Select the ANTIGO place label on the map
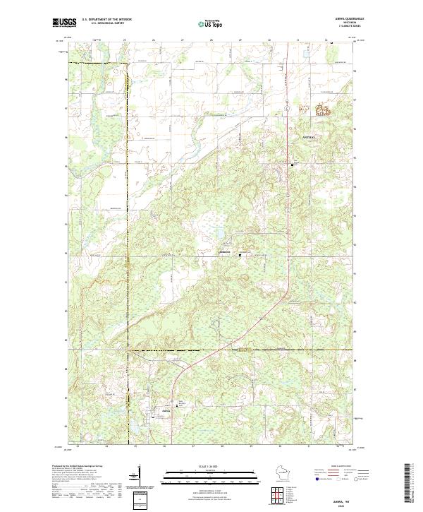310,136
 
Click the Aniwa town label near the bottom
166,411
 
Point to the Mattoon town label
226,253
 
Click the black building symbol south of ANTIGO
293,164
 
